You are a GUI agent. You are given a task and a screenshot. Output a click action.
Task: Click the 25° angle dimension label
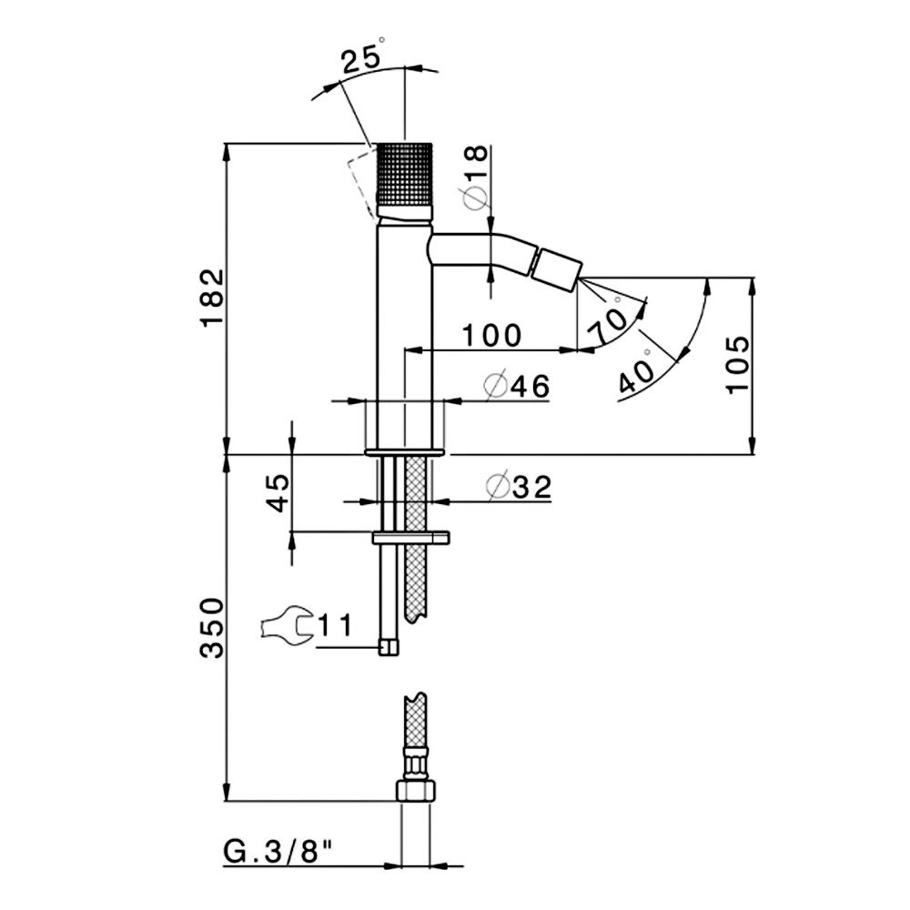[x=363, y=56]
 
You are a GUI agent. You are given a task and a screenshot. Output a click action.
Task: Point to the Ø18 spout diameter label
[x=476, y=177]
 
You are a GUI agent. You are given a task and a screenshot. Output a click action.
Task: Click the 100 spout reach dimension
[x=491, y=336]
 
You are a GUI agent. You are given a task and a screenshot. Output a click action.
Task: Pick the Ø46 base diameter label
[x=517, y=385]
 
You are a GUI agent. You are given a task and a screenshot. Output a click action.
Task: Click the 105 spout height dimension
[x=738, y=365]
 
